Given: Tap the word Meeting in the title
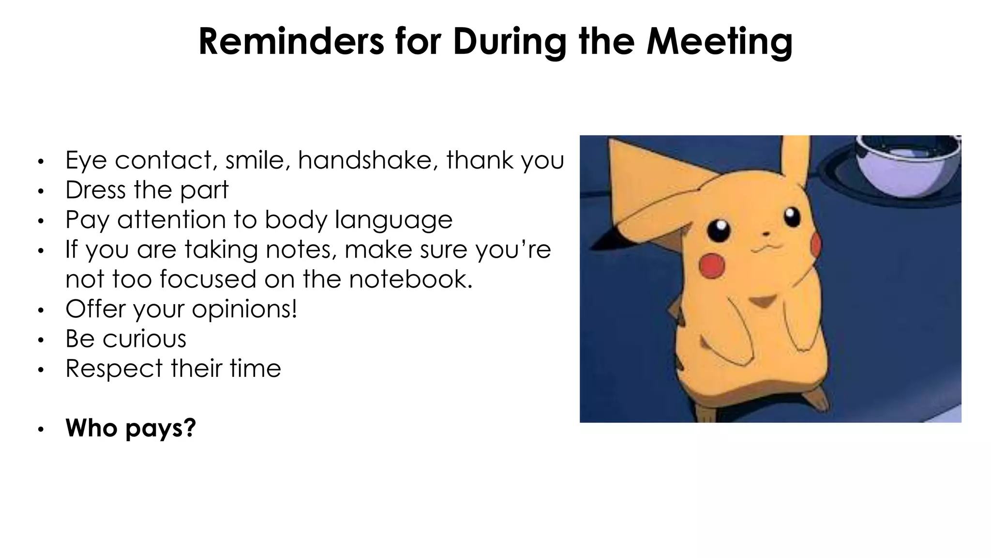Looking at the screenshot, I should (720, 42).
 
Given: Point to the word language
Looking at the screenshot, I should (393, 220).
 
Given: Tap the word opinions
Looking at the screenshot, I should (244, 310).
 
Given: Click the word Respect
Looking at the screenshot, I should (114, 369).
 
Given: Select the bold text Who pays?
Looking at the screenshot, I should (131, 428).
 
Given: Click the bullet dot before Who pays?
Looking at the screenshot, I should (41, 429).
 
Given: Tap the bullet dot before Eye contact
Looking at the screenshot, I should (41, 161).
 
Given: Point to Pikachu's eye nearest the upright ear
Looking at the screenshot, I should (792, 217).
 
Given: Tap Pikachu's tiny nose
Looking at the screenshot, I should (766, 234).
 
